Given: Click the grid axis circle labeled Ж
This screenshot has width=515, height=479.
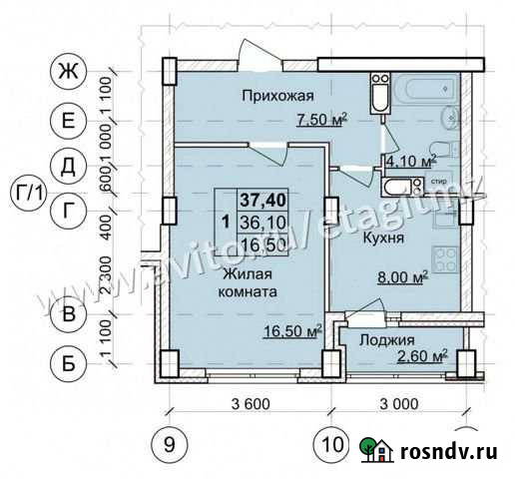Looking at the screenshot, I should [68, 72].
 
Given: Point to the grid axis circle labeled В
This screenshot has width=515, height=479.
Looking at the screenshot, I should [68, 315].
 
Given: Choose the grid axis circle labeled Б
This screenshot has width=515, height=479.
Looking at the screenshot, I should [68, 363].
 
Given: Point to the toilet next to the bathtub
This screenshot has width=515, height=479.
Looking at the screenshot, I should [377, 99].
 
